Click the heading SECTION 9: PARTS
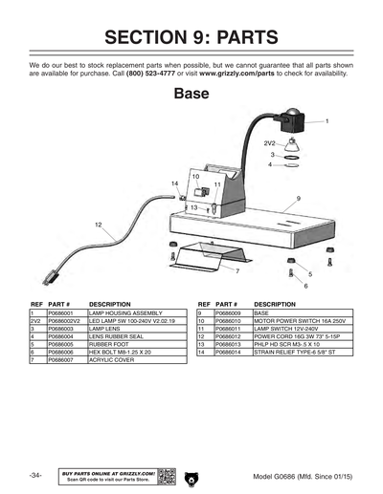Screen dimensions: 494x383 pos(191,38)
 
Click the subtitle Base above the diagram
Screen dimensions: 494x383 pos(191,95)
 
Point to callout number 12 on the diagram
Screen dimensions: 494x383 pos(99,224)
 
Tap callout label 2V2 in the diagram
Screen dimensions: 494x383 pos(270,142)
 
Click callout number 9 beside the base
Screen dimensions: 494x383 pos(299,198)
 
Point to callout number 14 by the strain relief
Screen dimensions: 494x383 pos(174,183)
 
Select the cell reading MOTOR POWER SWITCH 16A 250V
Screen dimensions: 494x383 pos(294,320)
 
